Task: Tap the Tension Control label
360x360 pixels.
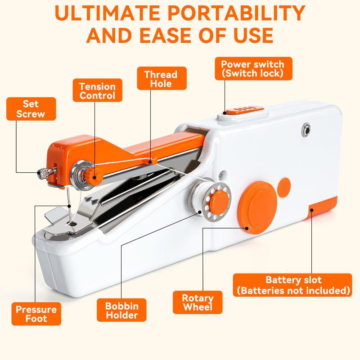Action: (x=97, y=90)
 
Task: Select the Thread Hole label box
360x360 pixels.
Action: (x=160, y=79)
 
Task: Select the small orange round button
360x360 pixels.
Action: (x=284, y=185)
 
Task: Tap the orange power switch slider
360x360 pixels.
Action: (x=242, y=109)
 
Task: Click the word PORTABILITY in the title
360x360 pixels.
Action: (x=238, y=15)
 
